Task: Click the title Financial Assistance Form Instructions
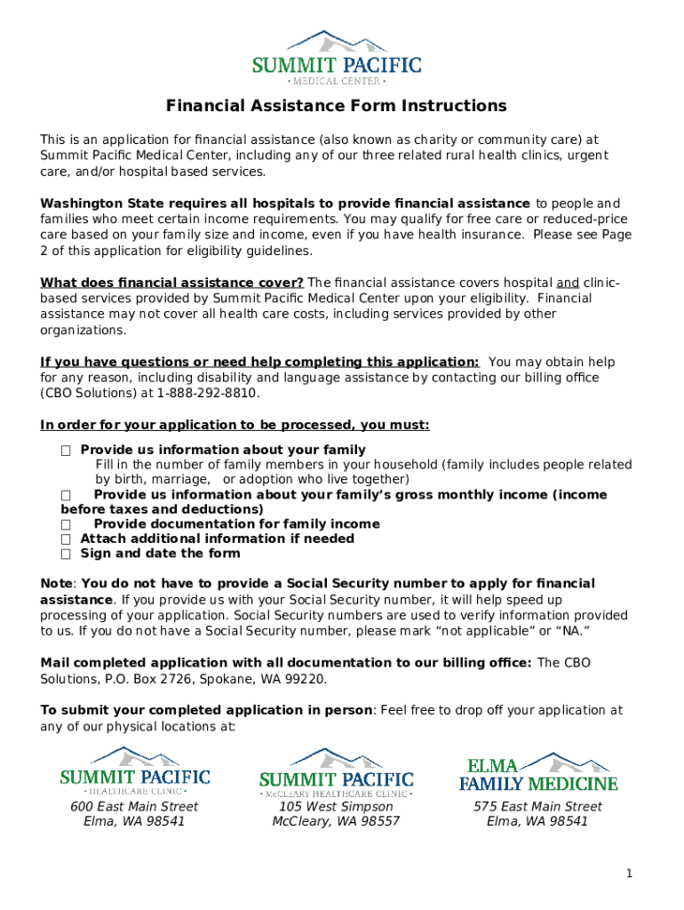(337, 107)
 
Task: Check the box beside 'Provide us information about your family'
(66, 451)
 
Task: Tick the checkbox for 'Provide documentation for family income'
(66, 524)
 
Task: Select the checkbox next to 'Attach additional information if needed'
(66, 539)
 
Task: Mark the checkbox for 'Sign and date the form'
(66, 554)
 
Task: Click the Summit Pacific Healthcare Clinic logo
(134, 770)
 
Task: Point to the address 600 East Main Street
(134, 807)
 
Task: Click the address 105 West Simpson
(336, 807)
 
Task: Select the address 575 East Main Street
(537, 807)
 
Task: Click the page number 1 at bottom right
(629, 874)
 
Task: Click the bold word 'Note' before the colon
(57, 584)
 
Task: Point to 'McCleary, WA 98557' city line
(336, 822)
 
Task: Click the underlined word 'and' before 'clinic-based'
(567, 283)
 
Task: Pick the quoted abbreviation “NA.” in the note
(571, 632)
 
